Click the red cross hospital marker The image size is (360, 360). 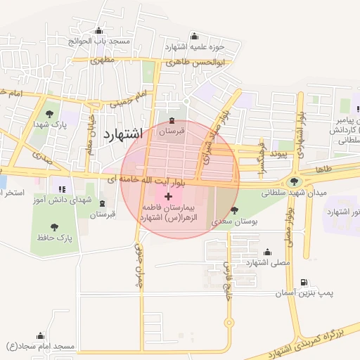coord(167,195)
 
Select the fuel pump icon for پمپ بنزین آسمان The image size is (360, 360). coord(303,282)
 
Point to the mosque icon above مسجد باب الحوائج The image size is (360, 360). coord(98,31)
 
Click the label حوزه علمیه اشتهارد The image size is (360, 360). coord(195,46)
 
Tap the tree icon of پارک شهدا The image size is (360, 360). coord(49,114)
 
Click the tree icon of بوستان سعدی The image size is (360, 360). coord(233,211)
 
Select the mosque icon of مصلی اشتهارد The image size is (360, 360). coord(266,252)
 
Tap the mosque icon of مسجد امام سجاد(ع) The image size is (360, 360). coord(41,336)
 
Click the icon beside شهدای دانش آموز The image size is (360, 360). coord(61,189)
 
